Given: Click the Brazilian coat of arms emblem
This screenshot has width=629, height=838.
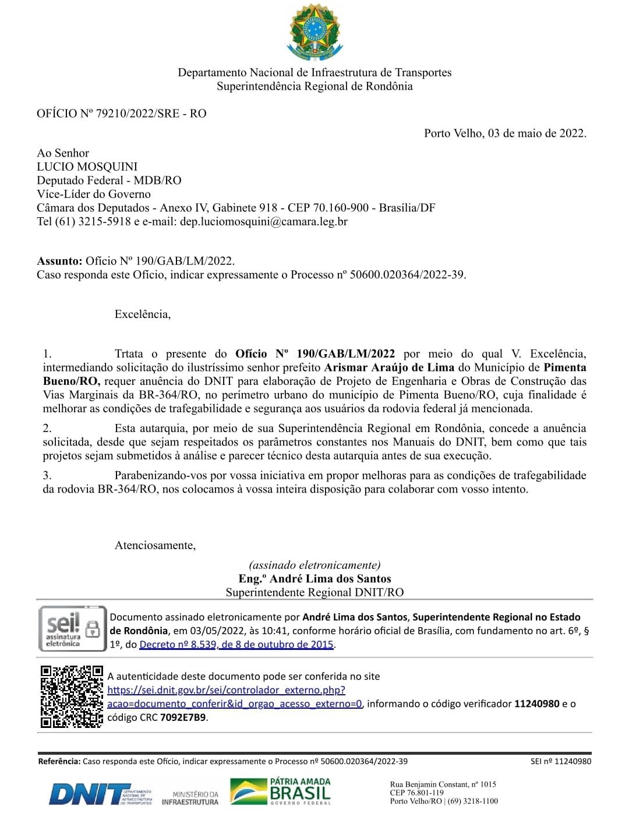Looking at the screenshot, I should [314, 33].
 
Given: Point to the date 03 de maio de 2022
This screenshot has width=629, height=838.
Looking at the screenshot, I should [536, 133].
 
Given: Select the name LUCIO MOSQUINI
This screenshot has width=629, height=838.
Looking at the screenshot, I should [87, 167].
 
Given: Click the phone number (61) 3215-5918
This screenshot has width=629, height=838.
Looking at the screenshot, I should [93, 221].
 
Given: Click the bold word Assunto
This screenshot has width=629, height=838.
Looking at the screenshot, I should [59, 261].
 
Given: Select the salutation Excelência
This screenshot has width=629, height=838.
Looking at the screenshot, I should [143, 314].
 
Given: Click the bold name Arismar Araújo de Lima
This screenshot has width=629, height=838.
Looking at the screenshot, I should [389, 367].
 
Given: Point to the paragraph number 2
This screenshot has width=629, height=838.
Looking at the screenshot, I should [47, 428].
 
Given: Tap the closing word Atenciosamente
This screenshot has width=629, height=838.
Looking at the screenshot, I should [155, 546].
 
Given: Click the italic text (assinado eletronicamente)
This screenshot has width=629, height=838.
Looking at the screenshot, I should [314, 565].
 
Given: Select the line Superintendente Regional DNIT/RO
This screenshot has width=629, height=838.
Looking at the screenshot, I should [314, 593].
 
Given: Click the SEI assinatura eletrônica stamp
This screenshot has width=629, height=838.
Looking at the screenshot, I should [72, 629].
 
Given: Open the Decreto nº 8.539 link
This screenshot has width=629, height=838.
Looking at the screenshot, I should [236, 645].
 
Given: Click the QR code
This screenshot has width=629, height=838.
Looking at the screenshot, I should [72, 696].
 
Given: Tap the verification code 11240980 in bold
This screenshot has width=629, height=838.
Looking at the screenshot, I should [536, 703].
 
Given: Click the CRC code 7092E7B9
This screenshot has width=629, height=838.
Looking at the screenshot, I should [183, 717].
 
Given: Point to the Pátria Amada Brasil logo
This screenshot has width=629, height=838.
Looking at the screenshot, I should [281, 792].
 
